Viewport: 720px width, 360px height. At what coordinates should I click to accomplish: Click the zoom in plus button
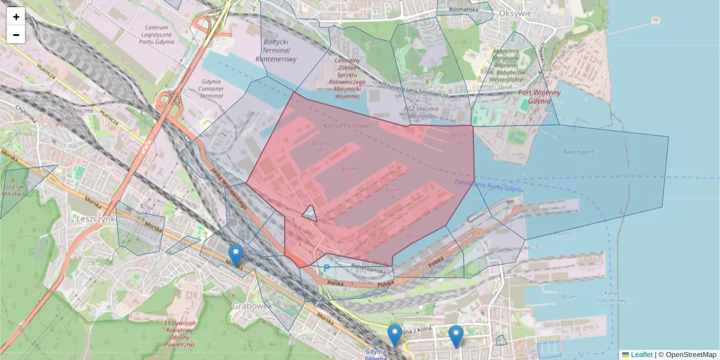click(x=16, y=17)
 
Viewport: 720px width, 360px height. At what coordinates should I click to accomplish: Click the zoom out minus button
click(x=16, y=35)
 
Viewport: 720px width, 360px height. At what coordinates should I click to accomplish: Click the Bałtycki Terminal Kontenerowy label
click(x=276, y=50)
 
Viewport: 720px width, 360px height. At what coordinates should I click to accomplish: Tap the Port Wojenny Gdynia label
click(x=539, y=97)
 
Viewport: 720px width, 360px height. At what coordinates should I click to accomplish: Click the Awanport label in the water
click(x=578, y=152)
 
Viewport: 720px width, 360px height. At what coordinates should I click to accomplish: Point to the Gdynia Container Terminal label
click(x=211, y=88)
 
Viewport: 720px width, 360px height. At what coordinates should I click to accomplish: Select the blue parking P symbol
click(x=326, y=268)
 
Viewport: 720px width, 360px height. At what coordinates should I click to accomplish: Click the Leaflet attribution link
click(x=641, y=355)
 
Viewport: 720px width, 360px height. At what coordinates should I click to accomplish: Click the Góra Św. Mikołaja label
click(x=13, y=185)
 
